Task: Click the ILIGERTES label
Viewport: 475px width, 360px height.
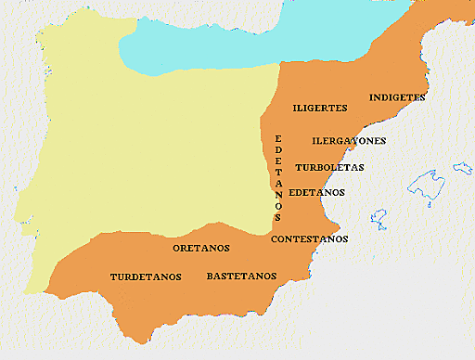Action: [x=319, y=109]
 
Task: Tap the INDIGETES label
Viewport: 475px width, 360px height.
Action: [x=397, y=96]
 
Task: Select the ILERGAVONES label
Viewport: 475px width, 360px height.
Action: [x=349, y=141]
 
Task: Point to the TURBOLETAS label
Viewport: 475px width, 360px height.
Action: [x=329, y=168]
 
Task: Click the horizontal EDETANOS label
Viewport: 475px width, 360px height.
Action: [x=316, y=192]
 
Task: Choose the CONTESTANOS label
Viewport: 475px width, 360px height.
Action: [x=310, y=238]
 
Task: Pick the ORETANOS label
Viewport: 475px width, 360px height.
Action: [x=201, y=248]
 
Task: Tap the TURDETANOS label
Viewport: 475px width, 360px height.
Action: [x=145, y=276]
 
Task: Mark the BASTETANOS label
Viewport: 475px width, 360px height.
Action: [x=241, y=276]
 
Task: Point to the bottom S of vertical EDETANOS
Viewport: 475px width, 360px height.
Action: [x=277, y=217]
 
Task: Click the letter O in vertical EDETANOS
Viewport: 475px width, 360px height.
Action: [x=277, y=206]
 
